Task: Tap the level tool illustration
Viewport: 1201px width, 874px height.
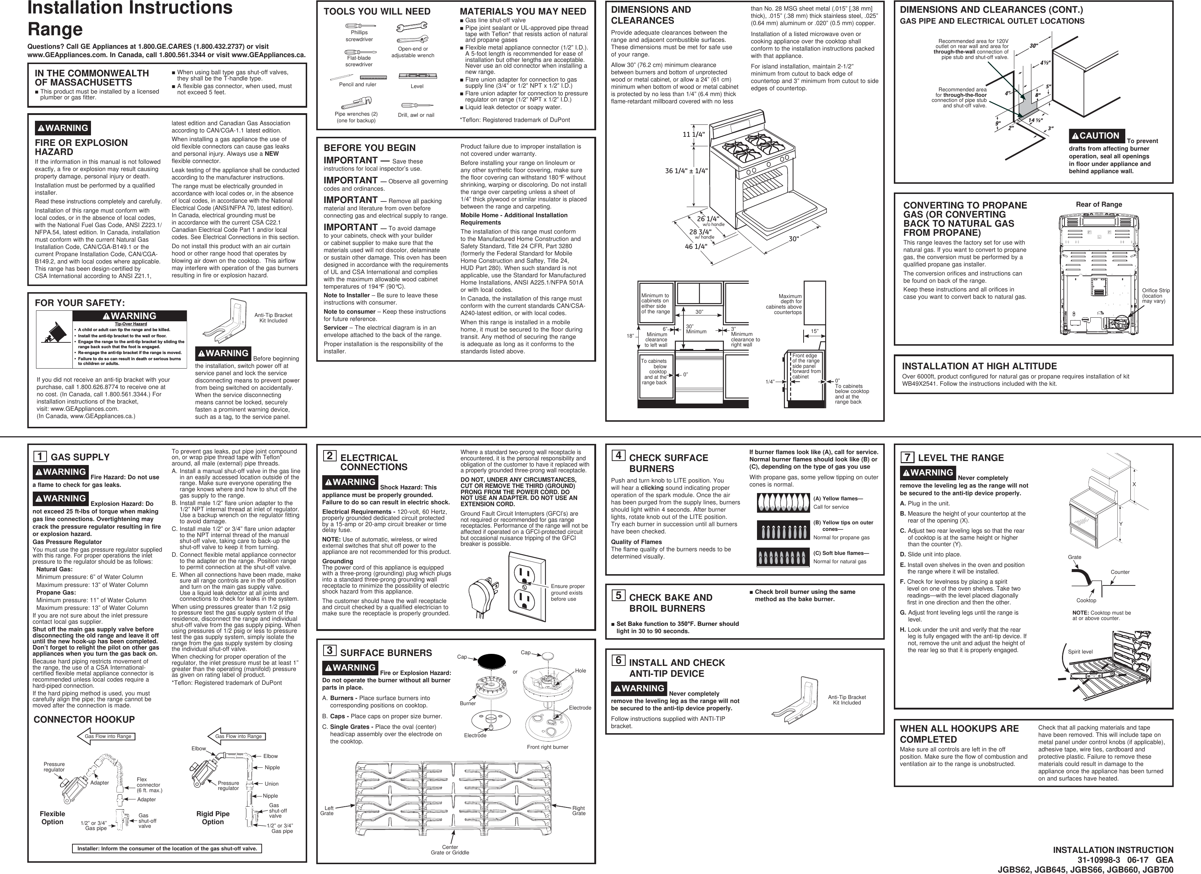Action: click(413, 76)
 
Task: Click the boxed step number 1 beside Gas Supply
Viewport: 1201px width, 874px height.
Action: click(40, 457)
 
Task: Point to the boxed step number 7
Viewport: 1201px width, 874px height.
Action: click(907, 457)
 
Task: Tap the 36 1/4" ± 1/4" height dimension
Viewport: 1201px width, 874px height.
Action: click(686, 171)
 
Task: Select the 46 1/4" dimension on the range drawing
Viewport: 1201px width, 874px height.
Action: click(696, 247)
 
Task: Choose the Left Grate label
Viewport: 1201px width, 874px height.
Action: click(327, 810)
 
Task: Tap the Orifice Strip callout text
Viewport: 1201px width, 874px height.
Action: click(1156, 295)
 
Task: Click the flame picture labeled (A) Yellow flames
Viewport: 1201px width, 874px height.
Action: click(783, 503)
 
